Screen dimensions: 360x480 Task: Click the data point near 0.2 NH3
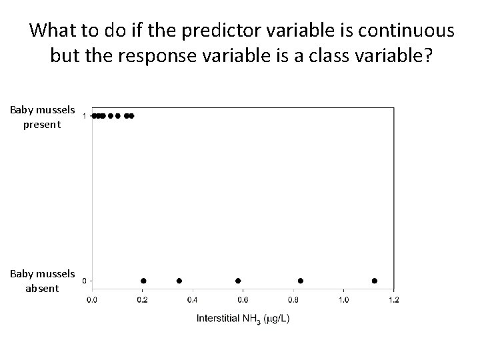pyautogui.click(x=143, y=281)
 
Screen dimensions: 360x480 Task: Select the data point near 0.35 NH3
pyautogui.click(x=179, y=281)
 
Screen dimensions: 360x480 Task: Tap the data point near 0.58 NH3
pyautogui.click(x=238, y=281)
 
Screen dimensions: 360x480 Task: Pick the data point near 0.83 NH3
pyautogui.click(x=301, y=281)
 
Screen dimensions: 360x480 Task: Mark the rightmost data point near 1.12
pyautogui.click(x=375, y=281)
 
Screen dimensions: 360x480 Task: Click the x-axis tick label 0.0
pyautogui.click(x=93, y=299)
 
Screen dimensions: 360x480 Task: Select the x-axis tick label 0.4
pyautogui.click(x=193, y=299)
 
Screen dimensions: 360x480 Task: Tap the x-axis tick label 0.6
pyautogui.click(x=243, y=299)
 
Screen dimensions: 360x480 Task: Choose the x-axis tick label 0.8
pyautogui.click(x=293, y=299)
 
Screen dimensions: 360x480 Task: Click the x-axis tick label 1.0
pyautogui.click(x=343, y=299)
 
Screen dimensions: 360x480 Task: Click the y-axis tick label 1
pyautogui.click(x=83, y=116)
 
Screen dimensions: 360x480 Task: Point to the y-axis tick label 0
pyautogui.click(x=83, y=281)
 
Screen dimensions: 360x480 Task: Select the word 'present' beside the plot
pyautogui.click(x=41, y=124)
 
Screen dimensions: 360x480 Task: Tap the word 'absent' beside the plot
pyautogui.click(x=41, y=289)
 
